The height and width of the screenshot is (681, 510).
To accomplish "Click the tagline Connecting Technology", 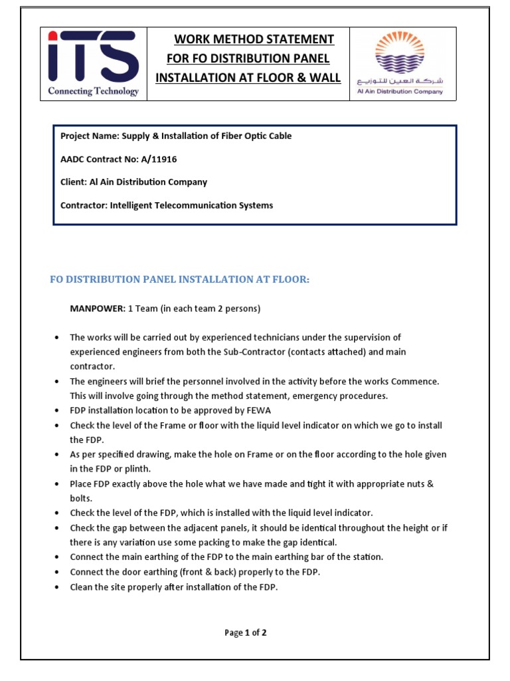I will tap(93, 91).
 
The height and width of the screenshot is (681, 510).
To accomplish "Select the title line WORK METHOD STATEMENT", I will tap(254, 39).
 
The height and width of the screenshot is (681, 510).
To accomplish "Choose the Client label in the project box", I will tap(73, 182).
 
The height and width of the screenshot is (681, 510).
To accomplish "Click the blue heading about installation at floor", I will tap(180, 279).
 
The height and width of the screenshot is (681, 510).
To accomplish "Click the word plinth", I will tap(135, 469).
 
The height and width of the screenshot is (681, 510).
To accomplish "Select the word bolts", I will tap(82, 498).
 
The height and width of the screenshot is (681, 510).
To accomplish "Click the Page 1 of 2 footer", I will tap(246, 632).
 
